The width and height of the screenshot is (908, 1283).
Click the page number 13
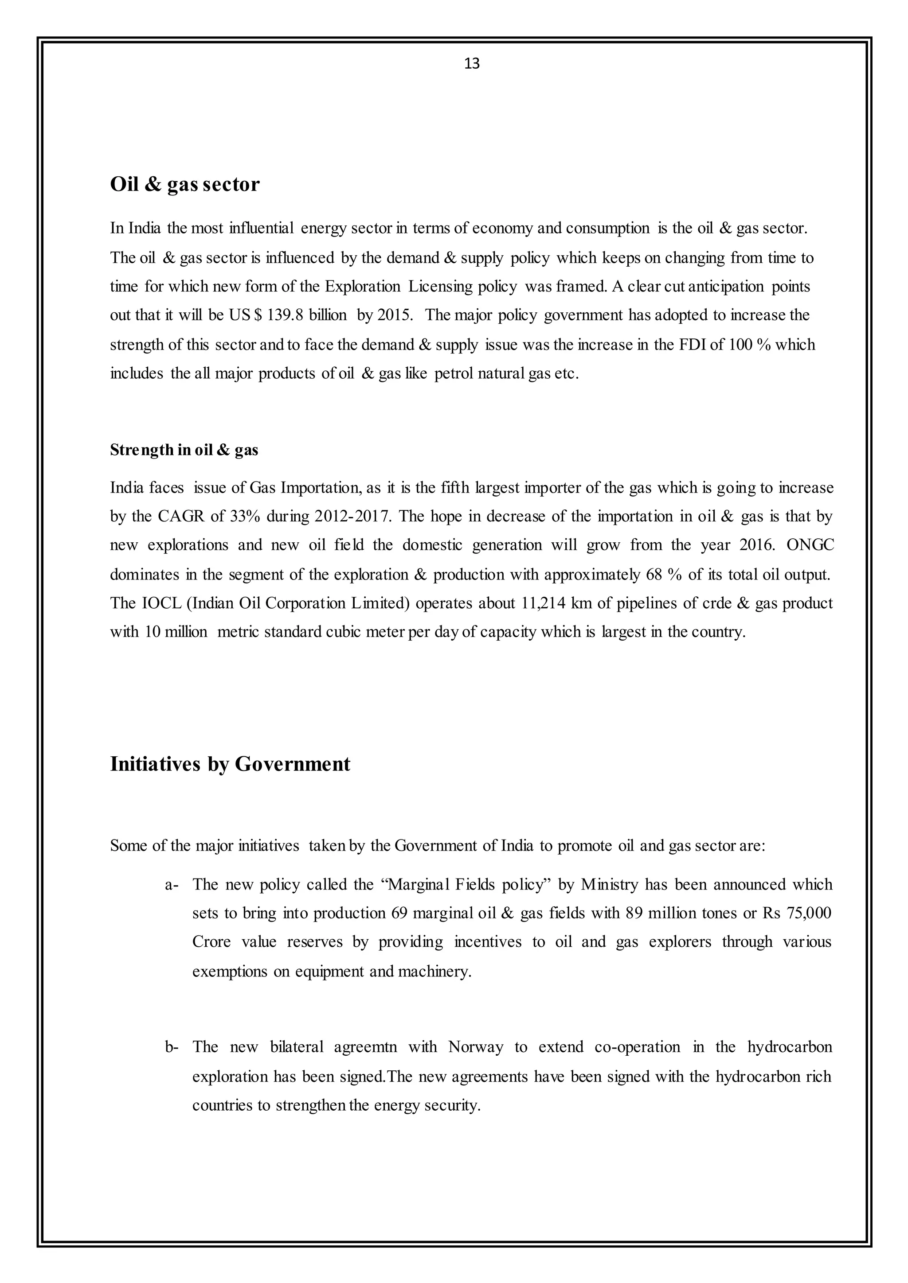471,64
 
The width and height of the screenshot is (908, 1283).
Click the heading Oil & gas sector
184,184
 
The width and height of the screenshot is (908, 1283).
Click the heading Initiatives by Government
230,763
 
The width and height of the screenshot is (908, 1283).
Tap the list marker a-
172,885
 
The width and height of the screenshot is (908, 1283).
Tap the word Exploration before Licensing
362,286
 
